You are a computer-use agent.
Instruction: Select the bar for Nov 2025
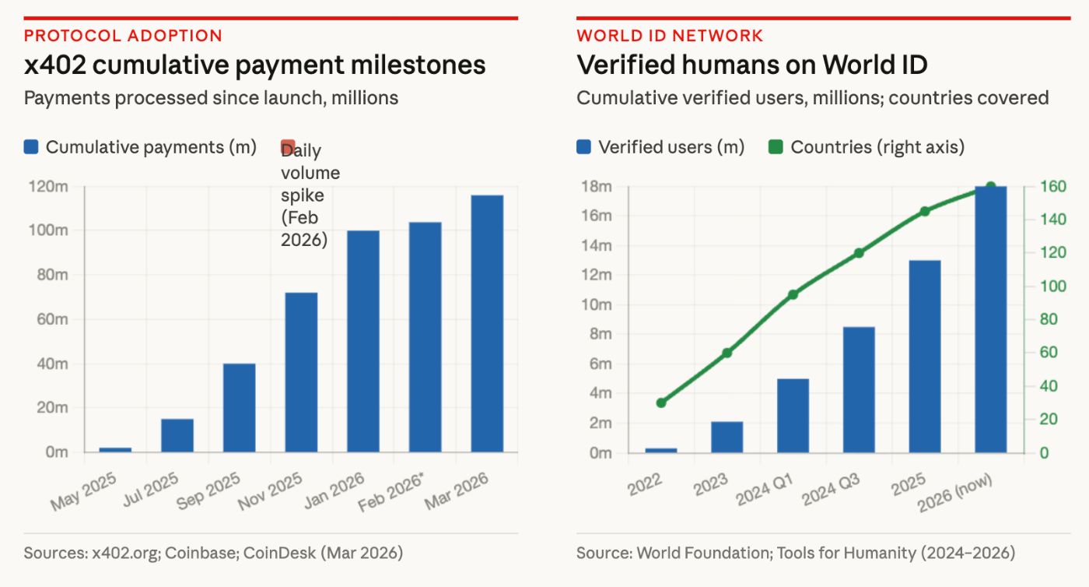coord(301,372)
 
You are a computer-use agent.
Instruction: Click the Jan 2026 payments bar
coord(363,341)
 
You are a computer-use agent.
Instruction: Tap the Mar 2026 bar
coord(487,323)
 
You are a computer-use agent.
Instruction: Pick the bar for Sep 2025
coord(239,407)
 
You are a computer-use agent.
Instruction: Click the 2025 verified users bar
coord(924,356)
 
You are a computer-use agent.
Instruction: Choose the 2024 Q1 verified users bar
coord(793,415)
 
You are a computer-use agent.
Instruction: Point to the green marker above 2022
coord(661,402)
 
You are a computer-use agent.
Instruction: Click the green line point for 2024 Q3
coord(859,253)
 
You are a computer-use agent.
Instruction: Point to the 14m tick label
coord(597,245)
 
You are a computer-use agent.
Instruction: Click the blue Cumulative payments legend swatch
coord(31,147)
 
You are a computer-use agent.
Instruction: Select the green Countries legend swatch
coord(775,147)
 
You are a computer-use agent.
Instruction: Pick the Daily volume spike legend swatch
coord(288,146)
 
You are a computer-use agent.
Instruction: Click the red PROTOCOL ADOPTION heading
coord(123,35)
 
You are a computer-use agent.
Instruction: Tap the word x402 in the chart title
coord(58,65)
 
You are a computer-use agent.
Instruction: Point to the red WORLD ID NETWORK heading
coord(670,35)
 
